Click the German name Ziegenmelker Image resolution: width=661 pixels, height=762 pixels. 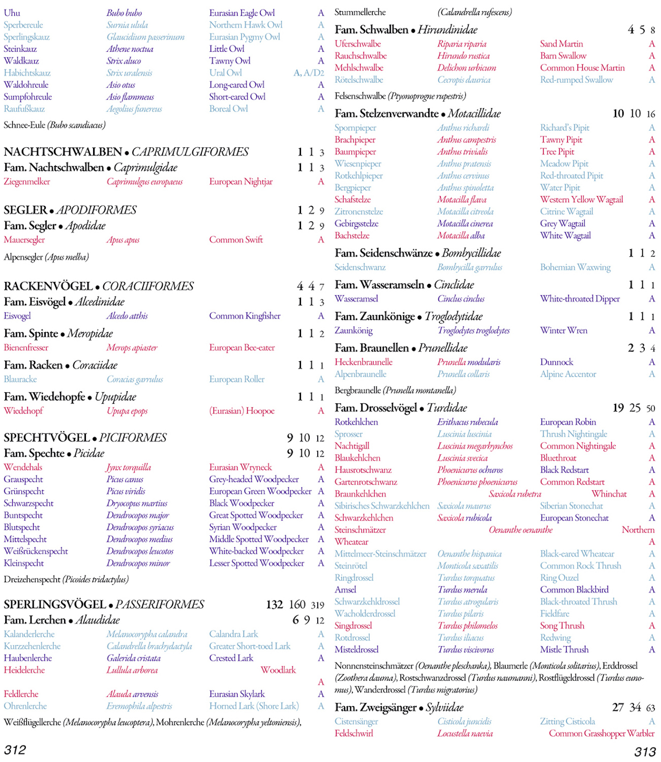[x=27, y=182]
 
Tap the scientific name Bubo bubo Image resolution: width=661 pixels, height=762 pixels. [x=124, y=13]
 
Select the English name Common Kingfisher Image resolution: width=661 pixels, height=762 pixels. [x=245, y=316]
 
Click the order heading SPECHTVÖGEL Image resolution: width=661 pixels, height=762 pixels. [x=47, y=438]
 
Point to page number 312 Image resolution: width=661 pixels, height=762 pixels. [x=15, y=750]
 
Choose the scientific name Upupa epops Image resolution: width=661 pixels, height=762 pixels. [x=127, y=411]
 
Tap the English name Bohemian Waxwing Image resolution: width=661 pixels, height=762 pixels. [x=575, y=267]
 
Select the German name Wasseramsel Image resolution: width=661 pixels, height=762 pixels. [x=356, y=299]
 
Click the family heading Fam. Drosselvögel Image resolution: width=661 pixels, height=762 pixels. [x=375, y=408]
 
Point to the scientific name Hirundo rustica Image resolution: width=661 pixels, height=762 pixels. [x=463, y=56]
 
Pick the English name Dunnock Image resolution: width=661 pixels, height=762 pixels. [x=556, y=362]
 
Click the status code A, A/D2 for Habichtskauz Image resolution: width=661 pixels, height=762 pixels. [x=309, y=73]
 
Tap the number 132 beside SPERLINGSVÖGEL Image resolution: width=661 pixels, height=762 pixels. [x=275, y=605]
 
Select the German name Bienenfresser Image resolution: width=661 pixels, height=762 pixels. [x=26, y=348]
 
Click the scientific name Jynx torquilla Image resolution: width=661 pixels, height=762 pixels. [x=128, y=467]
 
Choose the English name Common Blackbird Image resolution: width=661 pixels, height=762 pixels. [x=574, y=590]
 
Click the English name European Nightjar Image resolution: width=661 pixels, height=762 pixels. [x=241, y=182]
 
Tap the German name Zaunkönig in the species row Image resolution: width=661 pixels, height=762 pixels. [x=353, y=331]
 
